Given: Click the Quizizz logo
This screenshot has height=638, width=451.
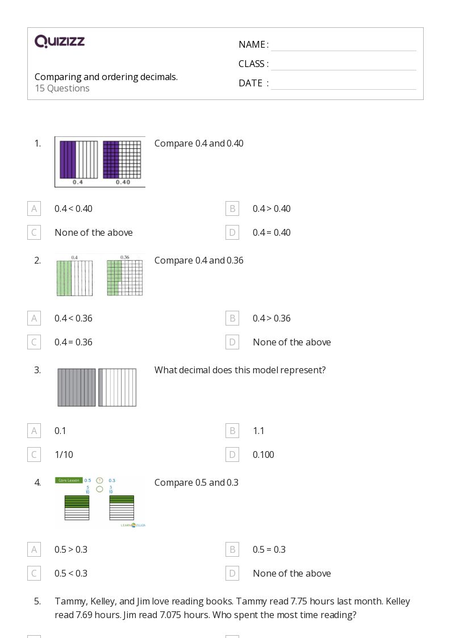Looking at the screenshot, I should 60,41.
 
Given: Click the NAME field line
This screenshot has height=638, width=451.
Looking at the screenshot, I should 343,45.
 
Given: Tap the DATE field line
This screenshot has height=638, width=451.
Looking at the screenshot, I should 343,84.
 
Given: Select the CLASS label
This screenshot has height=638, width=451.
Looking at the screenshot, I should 253,64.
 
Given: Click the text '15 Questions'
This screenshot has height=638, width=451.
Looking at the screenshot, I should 62,88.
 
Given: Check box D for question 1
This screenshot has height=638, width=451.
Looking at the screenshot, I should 232,232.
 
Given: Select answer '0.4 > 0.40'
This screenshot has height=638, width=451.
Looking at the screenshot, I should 272,209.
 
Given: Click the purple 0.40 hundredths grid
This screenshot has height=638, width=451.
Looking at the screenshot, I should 122,159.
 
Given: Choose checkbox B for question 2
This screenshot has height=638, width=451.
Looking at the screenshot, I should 232,318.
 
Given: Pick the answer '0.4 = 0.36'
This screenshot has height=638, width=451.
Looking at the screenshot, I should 73,342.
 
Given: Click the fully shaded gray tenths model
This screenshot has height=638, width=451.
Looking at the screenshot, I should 77,387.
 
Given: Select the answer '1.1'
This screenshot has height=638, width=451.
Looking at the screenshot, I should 258,431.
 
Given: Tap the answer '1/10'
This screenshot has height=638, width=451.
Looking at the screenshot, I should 64,454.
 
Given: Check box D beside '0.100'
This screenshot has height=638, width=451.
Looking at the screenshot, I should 232,454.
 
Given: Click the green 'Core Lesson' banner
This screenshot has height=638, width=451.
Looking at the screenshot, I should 69,480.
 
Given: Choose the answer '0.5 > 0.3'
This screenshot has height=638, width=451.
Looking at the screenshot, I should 71,549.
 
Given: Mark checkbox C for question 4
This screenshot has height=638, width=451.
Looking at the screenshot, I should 34,573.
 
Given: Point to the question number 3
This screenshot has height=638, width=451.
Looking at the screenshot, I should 37,370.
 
